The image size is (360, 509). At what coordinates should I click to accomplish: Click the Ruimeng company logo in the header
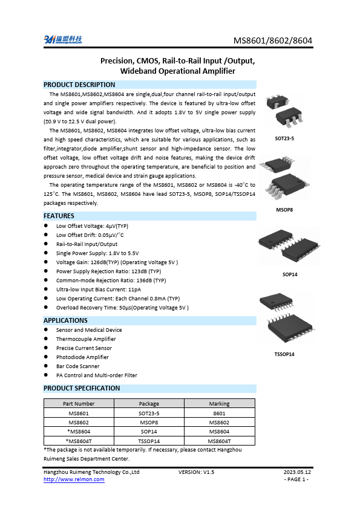point(62,40)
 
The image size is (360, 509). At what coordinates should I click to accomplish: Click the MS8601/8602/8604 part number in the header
point(273,41)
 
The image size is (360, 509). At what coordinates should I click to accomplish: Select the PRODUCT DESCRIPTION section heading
point(79,85)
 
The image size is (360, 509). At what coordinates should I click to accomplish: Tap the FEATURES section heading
point(59,216)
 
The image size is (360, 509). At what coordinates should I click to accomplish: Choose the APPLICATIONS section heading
point(65,320)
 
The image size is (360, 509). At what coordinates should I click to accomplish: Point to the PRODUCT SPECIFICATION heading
point(82,388)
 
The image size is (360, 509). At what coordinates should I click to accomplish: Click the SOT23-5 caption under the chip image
point(284,138)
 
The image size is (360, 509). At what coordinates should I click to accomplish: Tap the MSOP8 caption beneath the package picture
point(284,210)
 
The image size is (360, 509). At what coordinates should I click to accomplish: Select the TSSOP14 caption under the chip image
point(284,354)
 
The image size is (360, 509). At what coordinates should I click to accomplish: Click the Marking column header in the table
point(219,403)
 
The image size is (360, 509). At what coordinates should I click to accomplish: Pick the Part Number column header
point(79,403)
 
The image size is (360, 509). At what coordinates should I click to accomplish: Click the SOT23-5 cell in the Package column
point(149,413)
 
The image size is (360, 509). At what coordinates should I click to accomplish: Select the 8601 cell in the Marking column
point(219,413)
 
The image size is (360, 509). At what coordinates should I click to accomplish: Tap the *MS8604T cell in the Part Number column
point(79,441)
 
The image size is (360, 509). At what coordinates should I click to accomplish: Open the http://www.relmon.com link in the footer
point(74,479)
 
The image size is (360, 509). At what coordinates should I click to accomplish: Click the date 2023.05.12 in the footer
point(297,472)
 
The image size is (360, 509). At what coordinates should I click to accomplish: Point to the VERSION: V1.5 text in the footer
point(197,472)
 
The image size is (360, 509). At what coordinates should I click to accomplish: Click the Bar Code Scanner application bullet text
point(78,366)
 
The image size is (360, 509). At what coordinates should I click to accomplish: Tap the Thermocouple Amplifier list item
point(86,339)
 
